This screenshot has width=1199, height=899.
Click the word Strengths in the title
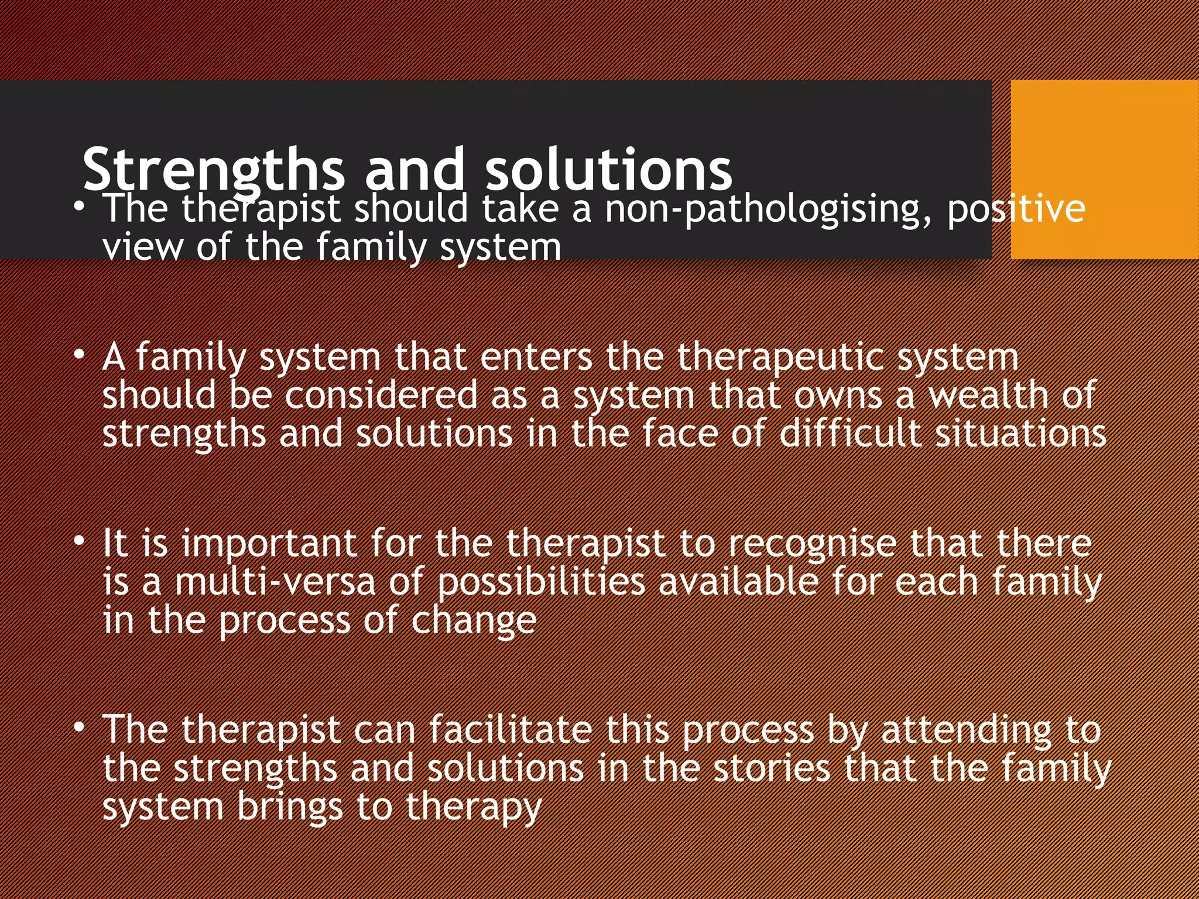click(213, 170)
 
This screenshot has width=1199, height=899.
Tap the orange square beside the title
click(1104, 169)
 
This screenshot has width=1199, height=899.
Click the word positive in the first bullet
click(1016, 210)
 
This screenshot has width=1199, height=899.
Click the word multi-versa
click(275, 582)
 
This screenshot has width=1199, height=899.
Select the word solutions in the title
click(609, 170)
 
